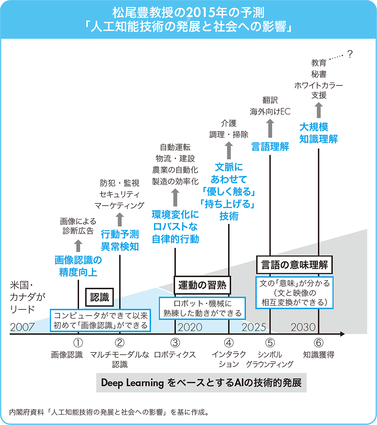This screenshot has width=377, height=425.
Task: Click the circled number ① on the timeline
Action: pyautogui.click(x=78, y=343)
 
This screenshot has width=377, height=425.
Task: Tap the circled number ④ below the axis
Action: pyautogui.click(x=229, y=343)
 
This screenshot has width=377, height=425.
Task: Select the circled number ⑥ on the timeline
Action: pyautogui.click(x=318, y=343)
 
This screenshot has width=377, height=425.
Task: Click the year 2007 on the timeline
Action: pyautogui.click(x=23, y=327)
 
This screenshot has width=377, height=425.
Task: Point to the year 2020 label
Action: pyautogui.click(x=190, y=327)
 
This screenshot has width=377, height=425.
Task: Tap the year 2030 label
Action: pyautogui.click(x=304, y=327)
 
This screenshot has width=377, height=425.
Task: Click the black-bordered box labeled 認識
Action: pyautogui.click(x=99, y=297)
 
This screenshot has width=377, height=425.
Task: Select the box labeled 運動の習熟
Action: pyautogui.click(x=201, y=285)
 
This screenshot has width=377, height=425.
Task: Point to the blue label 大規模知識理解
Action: pyautogui.click(x=318, y=132)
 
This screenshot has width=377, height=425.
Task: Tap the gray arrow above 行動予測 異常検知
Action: pyautogui.click(x=120, y=219)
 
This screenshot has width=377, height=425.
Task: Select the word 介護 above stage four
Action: pyautogui.click(x=229, y=123)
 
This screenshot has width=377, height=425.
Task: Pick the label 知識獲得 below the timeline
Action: pyautogui.click(x=318, y=355)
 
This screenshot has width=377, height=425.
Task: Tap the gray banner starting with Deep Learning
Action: pyautogui.click(x=201, y=383)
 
